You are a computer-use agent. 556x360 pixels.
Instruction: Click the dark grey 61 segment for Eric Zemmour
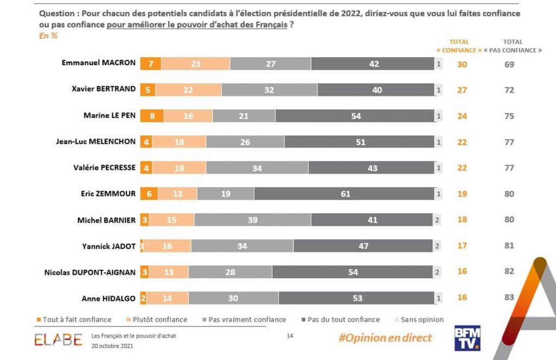click(x=345, y=194)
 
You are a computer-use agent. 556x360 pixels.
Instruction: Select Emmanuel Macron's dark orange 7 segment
click(x=151, y=64)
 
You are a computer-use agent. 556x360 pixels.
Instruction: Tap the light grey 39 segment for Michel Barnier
click(x=252, y=220)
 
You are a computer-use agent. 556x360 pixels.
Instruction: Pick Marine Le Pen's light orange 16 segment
click(x=188, y=116)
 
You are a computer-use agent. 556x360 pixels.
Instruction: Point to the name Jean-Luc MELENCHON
click(x=96, y=141)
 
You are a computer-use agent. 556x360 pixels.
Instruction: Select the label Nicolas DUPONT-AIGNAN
click(x=90, y=272)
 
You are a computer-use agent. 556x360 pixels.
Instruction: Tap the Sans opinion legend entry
click(x=419, y=320)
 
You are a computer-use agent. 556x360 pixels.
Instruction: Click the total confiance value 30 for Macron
click(x=462, y=64)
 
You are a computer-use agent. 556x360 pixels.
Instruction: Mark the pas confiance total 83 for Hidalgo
click(x=509, y=298)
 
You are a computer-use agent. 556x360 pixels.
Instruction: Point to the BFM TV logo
click(x=469, y=338)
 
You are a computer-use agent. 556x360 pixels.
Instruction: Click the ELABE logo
click(x=58, y=339)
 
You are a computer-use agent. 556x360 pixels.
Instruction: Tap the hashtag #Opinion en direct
click(x=385, y=338)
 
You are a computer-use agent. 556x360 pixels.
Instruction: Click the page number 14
click(x=290, y=336)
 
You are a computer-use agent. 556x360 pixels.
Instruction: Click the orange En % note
click(x=48, y=36)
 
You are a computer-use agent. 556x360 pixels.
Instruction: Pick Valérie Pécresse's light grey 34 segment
click(x=257, y=168)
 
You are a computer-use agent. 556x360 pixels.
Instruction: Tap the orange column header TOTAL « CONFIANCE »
click(x=459, y=46)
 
